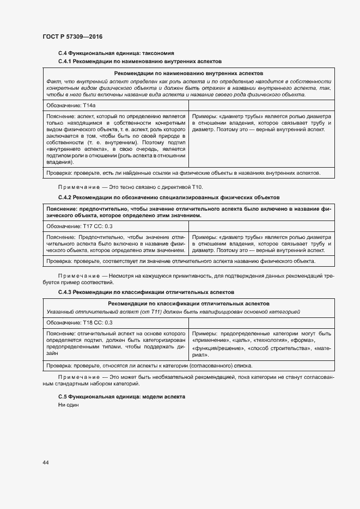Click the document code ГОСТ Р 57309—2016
coord(72,36)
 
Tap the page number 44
coord(46,462)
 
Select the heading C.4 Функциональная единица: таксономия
coord(116,53)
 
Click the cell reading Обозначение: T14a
coord(67,105)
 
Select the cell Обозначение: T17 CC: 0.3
coord(79,226)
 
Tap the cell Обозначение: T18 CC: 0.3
coord(79,322)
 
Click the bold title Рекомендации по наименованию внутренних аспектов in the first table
coord(188,73)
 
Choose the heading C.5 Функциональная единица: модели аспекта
coord(122,397)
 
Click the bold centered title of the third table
coord(188,303)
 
